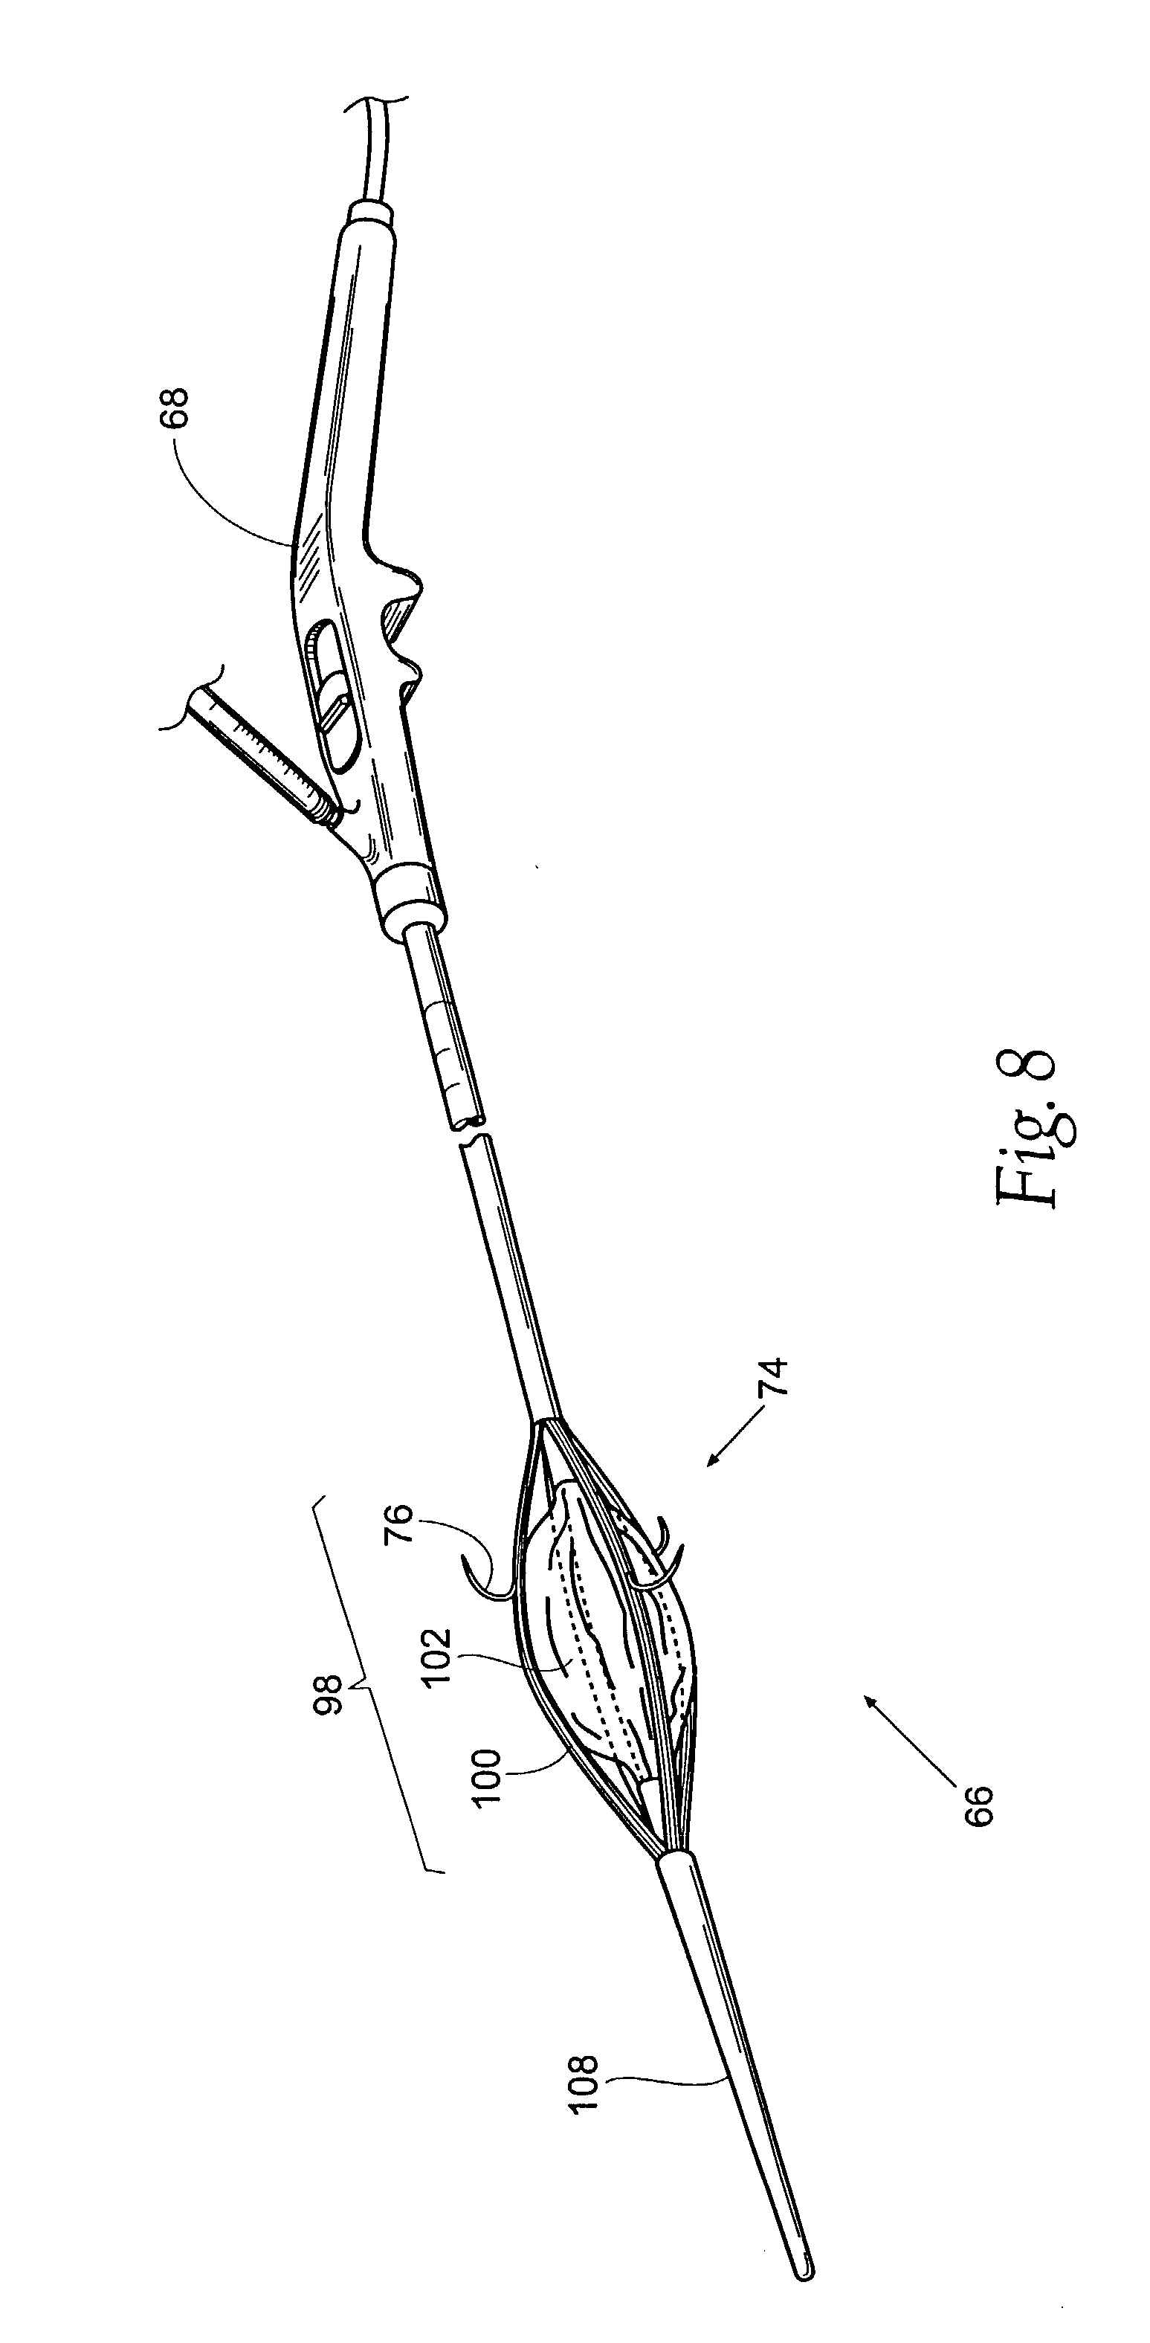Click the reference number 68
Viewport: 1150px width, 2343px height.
[x=177, y=408]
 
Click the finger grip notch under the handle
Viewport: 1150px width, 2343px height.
[x=400, y=619]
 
